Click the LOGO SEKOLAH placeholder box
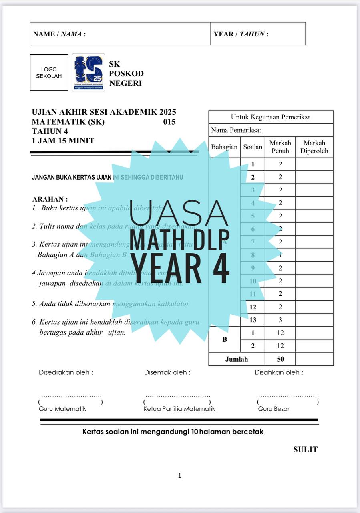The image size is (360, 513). pos(49,73)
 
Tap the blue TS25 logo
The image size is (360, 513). pos(88,73)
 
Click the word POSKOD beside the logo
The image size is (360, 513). pos(126,74)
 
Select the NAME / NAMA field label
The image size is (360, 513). pos(59,34)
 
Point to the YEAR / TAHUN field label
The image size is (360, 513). pos(241,34)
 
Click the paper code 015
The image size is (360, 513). pos(169,122)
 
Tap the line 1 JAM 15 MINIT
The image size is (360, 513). pos(63,141)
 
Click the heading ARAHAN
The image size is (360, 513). pos(50,199)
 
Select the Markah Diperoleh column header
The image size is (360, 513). pos(314,147)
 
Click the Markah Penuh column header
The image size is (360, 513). pos(280,147)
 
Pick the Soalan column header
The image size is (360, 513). pos(253,147)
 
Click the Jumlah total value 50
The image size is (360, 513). pos(280,359)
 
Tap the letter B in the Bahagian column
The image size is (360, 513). pos(225,339)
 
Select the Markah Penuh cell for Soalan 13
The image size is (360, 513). pos(280,320)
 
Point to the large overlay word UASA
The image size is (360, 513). pos(179,212)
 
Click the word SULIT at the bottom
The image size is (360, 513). pos(305,450)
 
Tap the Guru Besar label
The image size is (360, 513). pos(274,409)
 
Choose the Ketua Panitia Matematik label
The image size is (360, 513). pos(179,409)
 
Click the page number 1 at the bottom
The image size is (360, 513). pos(180,476)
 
